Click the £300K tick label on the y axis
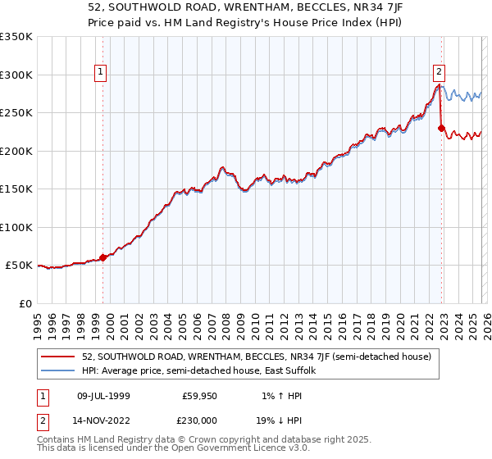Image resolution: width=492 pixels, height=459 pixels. [x=16, y=75]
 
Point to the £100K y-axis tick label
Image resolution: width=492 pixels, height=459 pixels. [x=16, y=227]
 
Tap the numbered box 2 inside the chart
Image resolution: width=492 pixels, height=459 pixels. [x=440, y=71]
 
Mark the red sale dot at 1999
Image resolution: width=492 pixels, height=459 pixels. [x=103, y=257]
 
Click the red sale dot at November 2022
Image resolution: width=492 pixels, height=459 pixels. [x=441, y=128]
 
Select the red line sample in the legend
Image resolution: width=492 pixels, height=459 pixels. [x=58, y=357]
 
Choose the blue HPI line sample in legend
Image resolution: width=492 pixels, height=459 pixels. [x=58, y=370]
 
